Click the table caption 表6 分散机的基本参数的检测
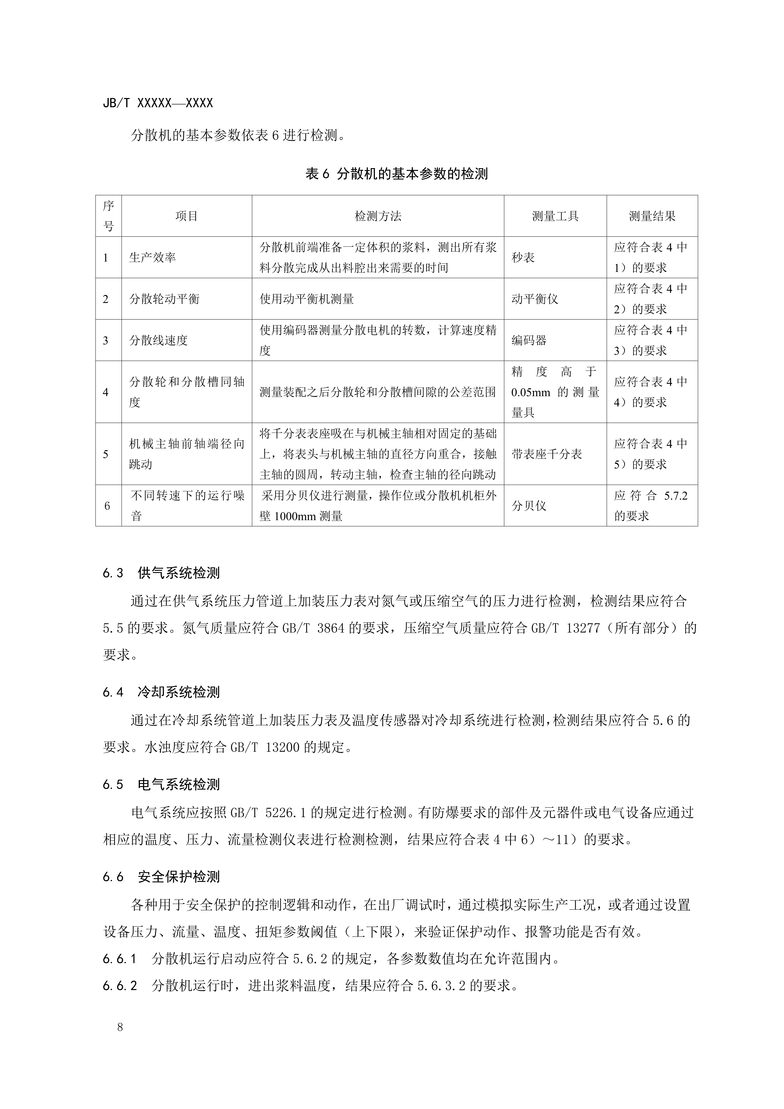click(397, 174)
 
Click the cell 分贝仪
click(529, 506)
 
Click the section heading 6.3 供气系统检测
click(161, 573)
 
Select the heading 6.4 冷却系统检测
click(161, 692)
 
